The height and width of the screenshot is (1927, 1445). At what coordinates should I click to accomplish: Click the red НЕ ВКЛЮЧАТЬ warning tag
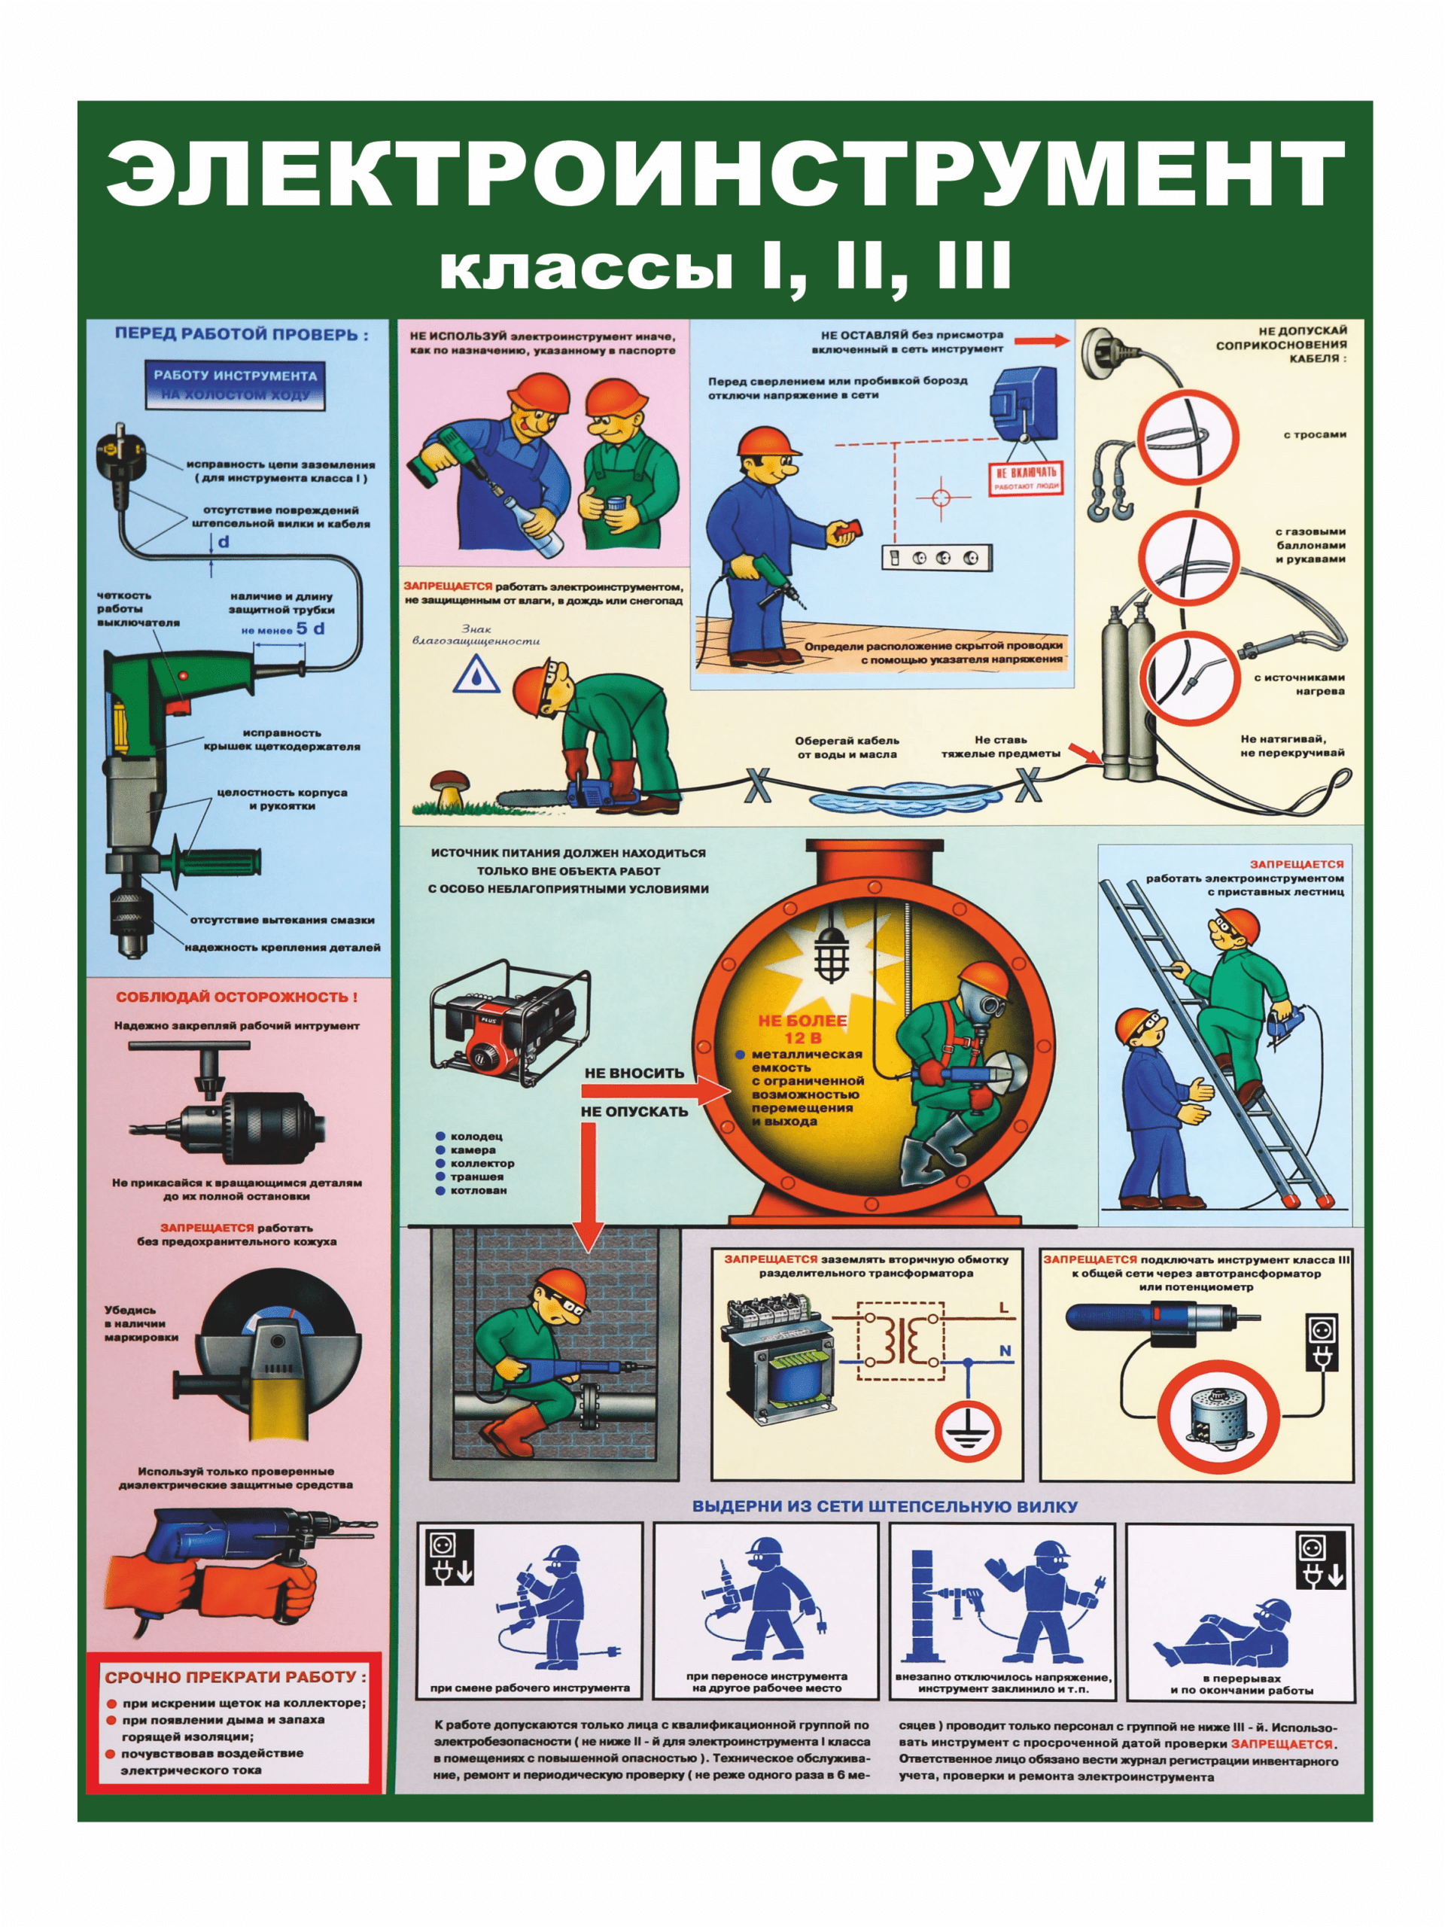tap(1026, 476)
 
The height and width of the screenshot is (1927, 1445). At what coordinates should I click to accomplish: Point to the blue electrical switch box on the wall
tap(1024, 403)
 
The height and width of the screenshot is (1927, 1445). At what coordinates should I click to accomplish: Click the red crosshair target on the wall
tap(941, 498)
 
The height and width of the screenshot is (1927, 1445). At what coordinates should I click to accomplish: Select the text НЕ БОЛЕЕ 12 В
tap(802, 1028)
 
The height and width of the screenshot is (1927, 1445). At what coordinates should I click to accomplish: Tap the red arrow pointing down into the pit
tap(590, 1185)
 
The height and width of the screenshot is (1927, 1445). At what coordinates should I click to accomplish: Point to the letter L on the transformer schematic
tap(1003, 1307)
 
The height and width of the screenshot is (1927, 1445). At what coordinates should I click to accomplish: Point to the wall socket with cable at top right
tap(1106, 350)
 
